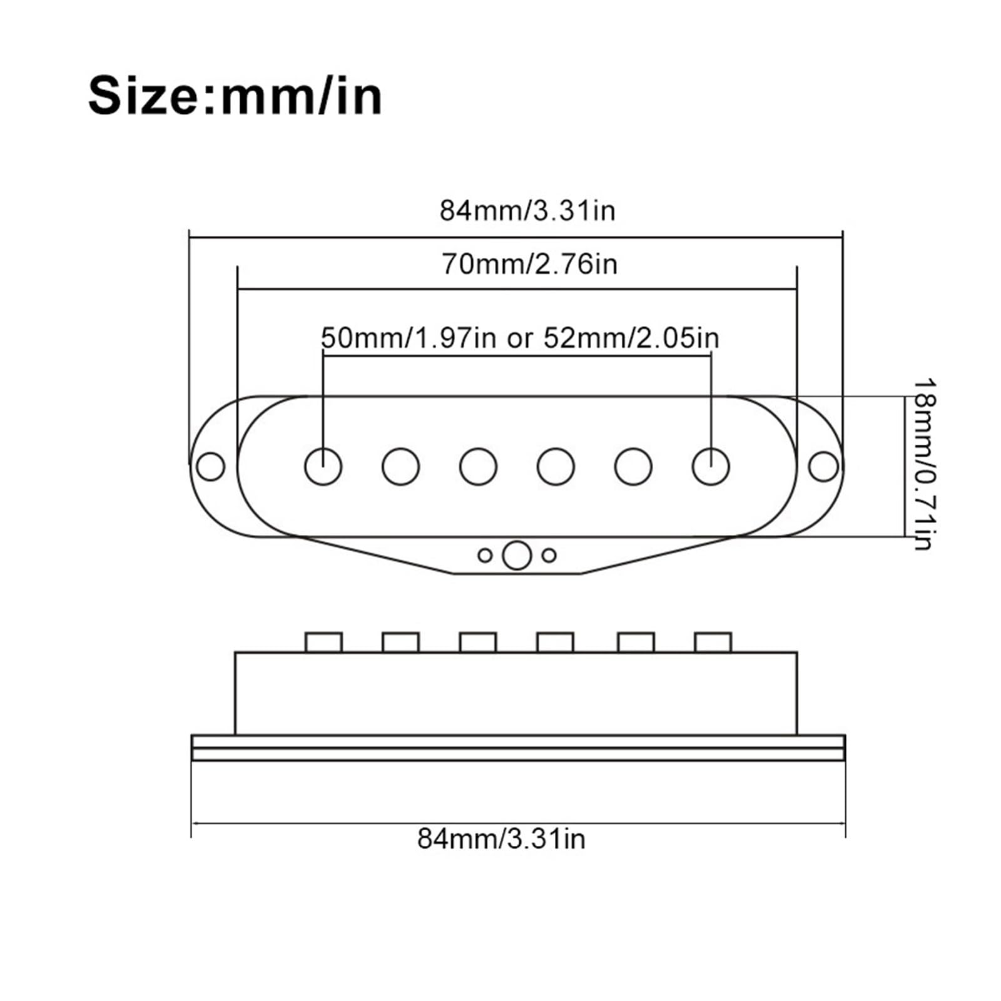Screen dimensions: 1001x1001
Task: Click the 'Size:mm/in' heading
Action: tap(235, 96)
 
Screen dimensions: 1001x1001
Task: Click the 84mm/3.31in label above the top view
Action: tap(527, 210)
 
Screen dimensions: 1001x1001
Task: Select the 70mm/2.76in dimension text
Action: tap(530, 263)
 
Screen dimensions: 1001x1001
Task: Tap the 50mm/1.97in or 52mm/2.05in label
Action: tap(520, 338)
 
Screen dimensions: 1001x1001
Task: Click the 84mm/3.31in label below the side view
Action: tap(502, 838)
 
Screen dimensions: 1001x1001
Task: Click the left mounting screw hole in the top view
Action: tap(210, 466)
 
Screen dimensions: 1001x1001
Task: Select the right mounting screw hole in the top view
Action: tap(823, 467)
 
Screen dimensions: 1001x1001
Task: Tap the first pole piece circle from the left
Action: tap(323, 467)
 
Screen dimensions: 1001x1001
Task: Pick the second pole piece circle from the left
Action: tap(400, 467)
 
